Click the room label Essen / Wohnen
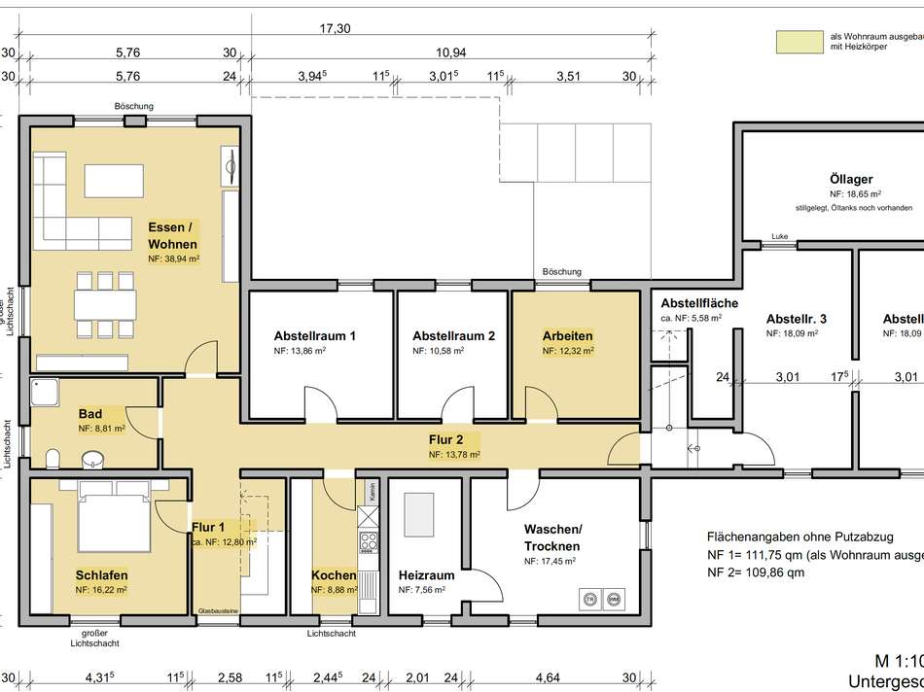172,235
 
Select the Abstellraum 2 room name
453,336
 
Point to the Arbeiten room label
567,336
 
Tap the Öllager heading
851,179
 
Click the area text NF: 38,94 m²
173,259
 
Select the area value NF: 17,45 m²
550,562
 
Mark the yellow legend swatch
797,41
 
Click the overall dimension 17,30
335,29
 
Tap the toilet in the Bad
54,458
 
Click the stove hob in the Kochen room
369,541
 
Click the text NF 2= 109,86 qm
756,573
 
